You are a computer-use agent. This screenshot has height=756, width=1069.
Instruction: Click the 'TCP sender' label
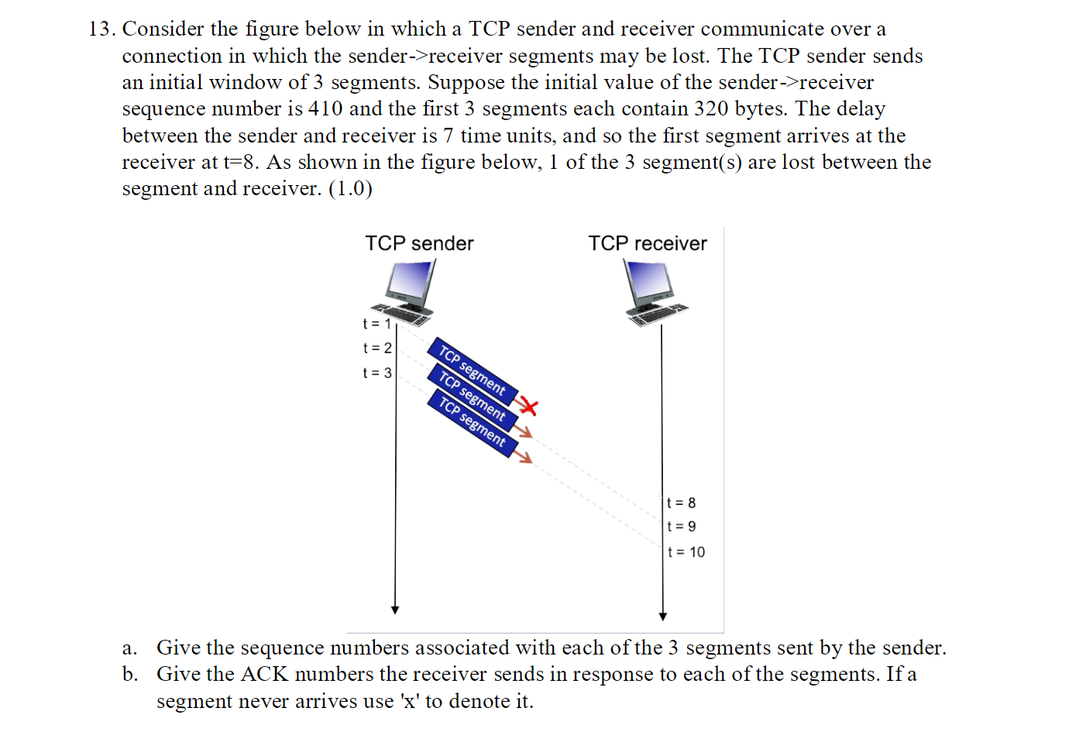click(x=419, y=243)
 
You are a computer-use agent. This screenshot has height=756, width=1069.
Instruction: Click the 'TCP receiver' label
click(x=647, y=243)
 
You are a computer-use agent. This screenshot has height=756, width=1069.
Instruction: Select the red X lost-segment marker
click(x=528, y=406)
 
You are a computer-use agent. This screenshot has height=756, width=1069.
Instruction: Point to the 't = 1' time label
click(x=376, y=324)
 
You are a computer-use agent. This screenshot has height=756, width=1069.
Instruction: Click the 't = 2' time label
click(x=377, y=349)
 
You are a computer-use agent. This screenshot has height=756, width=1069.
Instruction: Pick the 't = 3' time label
click(x=377, y=373)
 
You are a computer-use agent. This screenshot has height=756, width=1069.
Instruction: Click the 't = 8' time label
click(x=682, y=503)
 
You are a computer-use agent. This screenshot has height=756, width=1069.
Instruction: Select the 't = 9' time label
click(x=682, y=527)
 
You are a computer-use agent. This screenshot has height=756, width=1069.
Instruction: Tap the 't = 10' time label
click(x=686, y=552)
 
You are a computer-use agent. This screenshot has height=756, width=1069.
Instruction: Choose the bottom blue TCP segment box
click(x=472, y=422)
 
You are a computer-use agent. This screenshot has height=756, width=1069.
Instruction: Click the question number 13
click(x=101, y=29)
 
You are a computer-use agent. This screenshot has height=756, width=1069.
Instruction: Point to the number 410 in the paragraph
click(x=325, y=108)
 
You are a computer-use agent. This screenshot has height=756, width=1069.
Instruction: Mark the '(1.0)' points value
click(x=350, y=189)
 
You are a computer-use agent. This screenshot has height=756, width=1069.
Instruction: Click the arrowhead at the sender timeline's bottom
click(x=395, y=610)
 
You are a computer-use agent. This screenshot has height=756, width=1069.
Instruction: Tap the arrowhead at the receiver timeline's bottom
click(x=663, y=617)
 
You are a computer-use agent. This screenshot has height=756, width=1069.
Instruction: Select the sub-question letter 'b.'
click(x=130, y=675)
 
